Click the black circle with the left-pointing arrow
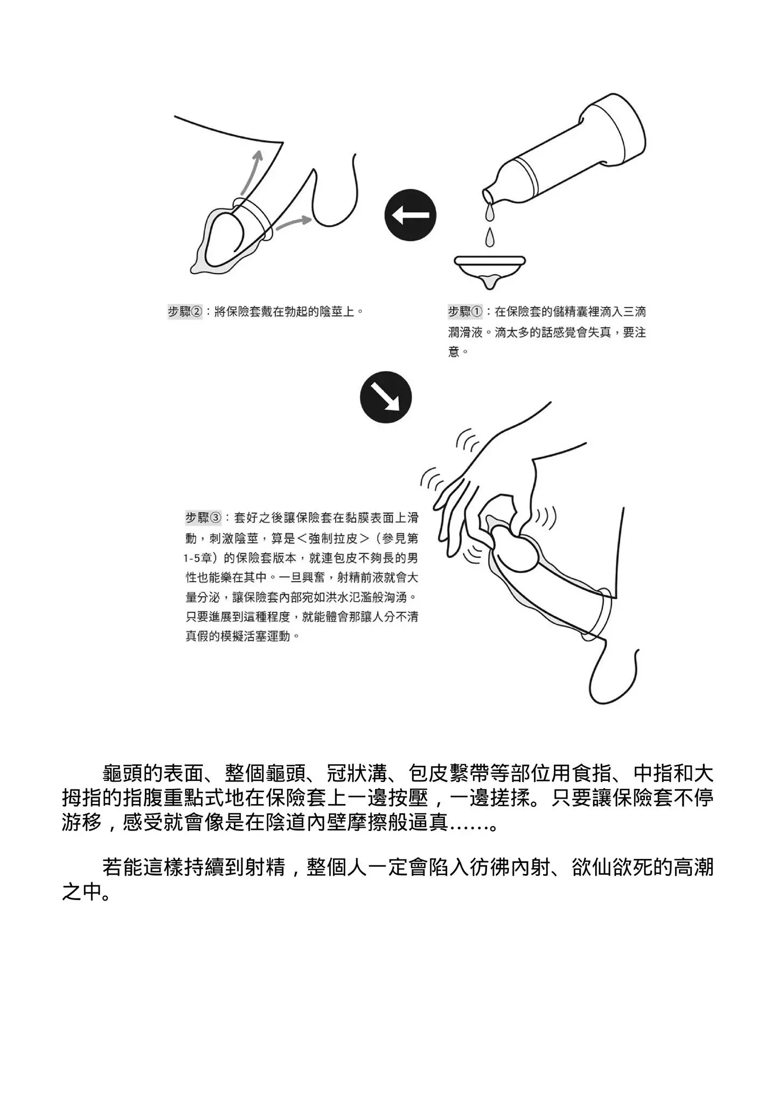click(410, 215)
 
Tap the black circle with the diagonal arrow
click(386, 397)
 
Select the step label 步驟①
click(466, 311)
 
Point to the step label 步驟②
click(185, 311)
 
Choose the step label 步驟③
click(203, 518)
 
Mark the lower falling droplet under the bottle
click(490, 237)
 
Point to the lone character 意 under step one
click(454, 353)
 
